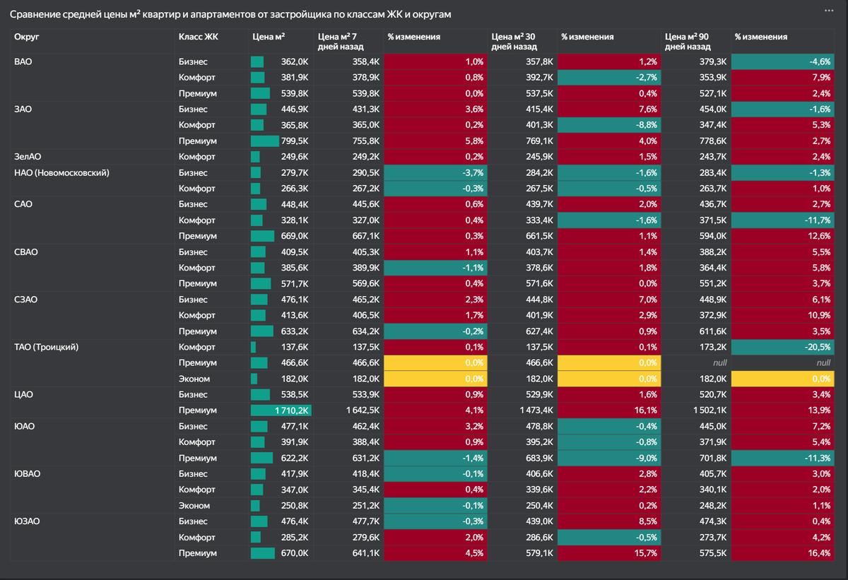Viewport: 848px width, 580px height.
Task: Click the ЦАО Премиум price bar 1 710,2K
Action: click(282, 410)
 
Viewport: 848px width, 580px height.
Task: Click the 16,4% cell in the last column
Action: click(783, 553)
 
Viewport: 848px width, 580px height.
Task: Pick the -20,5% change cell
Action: click(783, 347)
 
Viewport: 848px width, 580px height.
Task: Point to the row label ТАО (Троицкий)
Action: click(46, 347)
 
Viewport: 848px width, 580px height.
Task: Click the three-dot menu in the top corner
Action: click(829, 11)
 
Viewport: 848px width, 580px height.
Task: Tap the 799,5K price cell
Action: click(281, 141)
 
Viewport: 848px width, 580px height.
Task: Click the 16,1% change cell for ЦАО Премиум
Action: click(609, 410)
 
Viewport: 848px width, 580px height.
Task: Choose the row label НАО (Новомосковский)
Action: click(61, 172)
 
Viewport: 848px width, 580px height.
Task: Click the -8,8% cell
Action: click(609, 125)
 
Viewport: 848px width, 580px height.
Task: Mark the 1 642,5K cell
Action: click(349, 410)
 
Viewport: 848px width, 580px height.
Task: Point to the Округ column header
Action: click(26, 37)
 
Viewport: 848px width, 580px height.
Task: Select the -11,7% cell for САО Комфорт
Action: click(783, 220)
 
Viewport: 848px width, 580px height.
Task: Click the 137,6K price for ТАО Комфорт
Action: click(281, 347)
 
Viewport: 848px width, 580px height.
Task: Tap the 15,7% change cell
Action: click(609, 553)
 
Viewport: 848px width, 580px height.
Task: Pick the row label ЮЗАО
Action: click(27, 521)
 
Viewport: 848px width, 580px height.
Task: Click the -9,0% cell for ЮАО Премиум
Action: click(609, 458)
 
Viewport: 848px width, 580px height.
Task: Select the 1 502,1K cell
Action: click(697, 410)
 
